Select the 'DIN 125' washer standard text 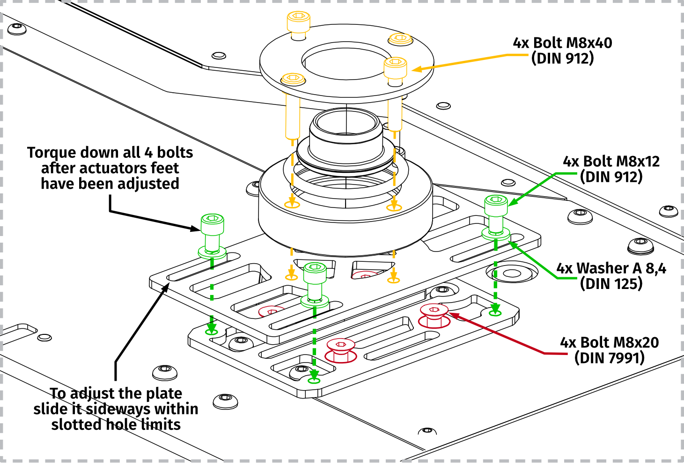(611, 284)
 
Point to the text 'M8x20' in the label (635, 343)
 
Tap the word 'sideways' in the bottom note (118, 409)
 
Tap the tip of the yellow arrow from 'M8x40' (414, 70)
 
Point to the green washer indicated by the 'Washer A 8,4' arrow (496, 234)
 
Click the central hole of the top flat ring (346, 61)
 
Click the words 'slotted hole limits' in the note (116, 424)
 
